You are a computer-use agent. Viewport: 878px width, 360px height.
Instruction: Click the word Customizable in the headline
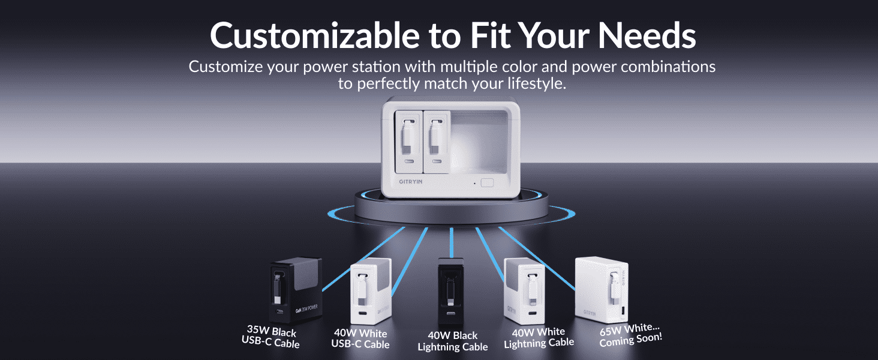[315, 35]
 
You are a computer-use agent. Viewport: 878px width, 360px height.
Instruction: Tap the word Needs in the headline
[647, 35]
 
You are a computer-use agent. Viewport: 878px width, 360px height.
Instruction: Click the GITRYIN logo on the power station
[410, 182]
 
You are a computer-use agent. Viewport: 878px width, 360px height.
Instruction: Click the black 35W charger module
[296, 290]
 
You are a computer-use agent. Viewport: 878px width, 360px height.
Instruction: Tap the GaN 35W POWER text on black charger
[306, 309]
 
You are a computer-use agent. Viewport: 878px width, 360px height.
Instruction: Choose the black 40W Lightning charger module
[451, 292]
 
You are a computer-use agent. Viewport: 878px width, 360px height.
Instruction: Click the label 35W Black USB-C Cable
[270, 337]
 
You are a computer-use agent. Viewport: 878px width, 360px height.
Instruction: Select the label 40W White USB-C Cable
[360, 339]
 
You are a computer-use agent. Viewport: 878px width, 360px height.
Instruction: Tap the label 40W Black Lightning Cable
[453, 341]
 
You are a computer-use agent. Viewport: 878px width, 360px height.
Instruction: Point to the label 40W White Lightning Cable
[539, 338]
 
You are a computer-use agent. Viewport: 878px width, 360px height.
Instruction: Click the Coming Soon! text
[631, 340]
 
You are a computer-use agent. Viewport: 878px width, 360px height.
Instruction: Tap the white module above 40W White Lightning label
[524, 292]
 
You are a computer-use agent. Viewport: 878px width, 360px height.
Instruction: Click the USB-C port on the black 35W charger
[280, 312]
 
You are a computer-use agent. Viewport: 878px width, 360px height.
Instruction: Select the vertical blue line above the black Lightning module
[452, 242]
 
